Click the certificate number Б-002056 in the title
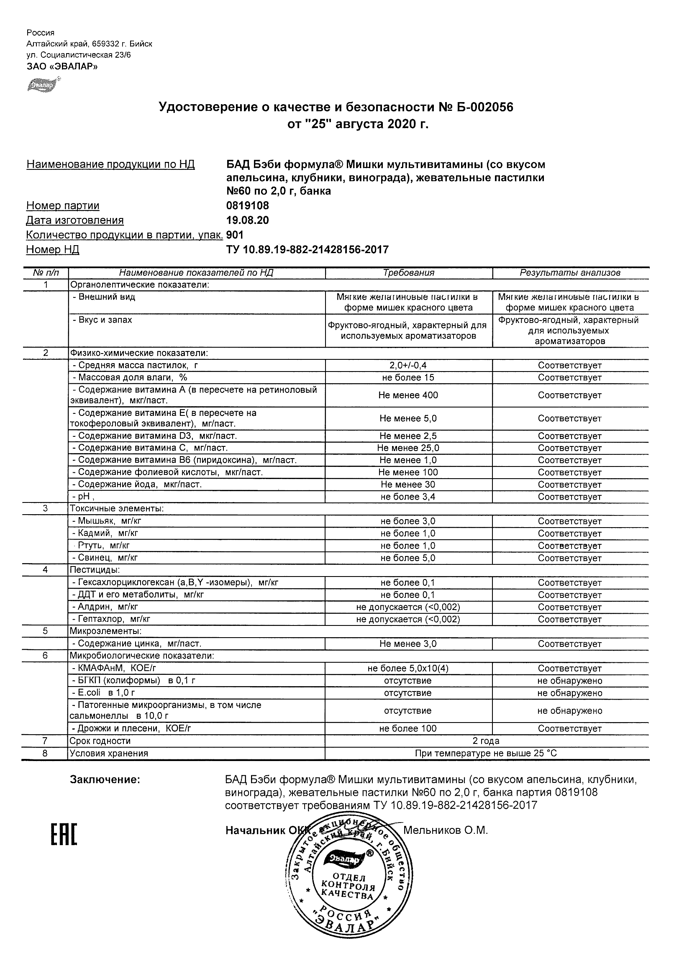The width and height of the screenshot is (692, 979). [482, 107]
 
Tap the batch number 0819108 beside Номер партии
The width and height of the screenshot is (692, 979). [247, 205]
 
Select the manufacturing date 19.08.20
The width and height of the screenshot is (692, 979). [247, 220]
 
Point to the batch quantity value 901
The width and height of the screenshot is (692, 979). [235, 235]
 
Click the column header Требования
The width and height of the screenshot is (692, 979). [408, 273]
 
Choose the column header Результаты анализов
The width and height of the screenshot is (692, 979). [570, 273]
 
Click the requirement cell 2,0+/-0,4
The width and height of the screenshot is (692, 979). [408, 365]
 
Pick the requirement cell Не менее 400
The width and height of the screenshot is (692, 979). [408, 395]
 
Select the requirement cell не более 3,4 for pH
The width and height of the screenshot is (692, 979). [408, 497]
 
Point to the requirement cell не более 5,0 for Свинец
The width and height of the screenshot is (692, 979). [408, 558]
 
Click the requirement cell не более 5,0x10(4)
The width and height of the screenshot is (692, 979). [408, 669]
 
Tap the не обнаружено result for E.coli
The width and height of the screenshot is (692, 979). [570, 693]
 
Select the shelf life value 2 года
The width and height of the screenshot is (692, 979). [486, 741]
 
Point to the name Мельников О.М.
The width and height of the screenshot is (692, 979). [445, 830]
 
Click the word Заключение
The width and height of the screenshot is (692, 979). [105, 780]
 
